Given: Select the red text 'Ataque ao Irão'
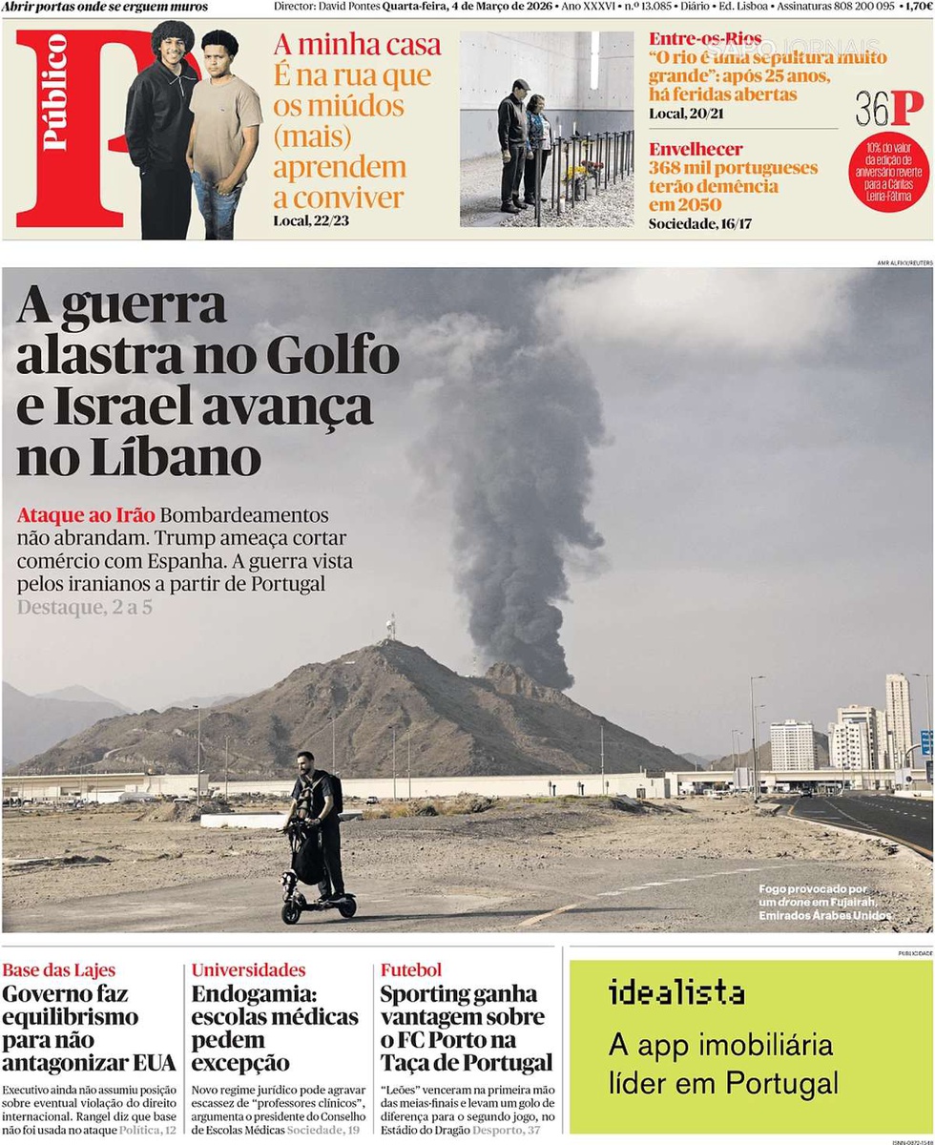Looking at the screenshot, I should [85, 514].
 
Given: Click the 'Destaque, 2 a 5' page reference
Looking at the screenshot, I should [84, 606].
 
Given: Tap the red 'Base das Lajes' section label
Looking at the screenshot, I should [58, 970].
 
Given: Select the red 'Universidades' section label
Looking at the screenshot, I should [248, 970].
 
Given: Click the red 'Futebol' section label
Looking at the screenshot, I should [411, 970].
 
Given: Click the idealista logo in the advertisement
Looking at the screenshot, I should [676, 993].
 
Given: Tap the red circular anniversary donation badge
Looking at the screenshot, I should [888, 171].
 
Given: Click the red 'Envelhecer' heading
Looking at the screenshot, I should [695, 149].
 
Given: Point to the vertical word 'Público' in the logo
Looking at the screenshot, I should [55, 94].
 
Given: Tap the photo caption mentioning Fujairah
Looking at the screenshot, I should [825, 902].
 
